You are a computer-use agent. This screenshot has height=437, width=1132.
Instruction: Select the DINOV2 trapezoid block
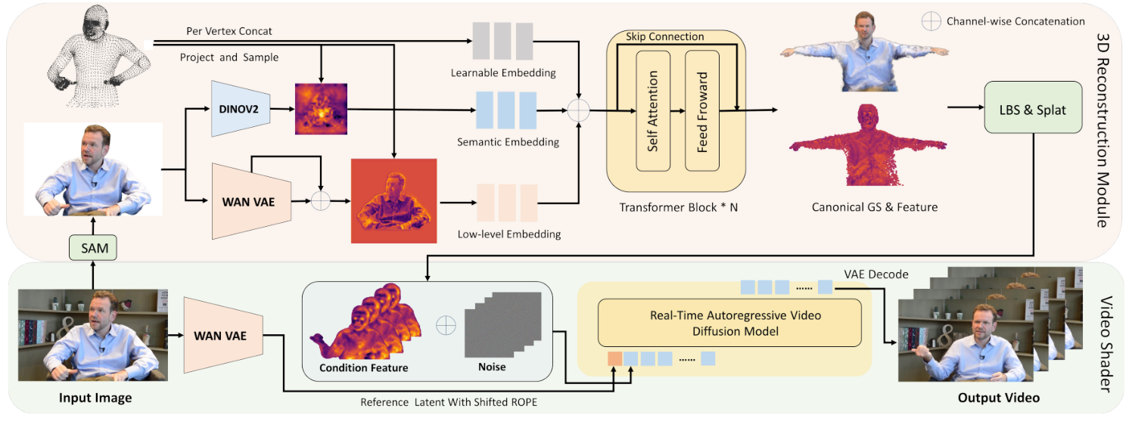[241, 109]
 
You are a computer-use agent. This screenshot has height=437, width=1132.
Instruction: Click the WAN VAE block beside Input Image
[220, 335]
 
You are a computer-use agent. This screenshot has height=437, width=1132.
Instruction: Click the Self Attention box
[653, 111]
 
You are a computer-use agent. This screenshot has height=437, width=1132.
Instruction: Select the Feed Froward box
[701, 111]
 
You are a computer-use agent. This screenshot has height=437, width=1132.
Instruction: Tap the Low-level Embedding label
[509, 234]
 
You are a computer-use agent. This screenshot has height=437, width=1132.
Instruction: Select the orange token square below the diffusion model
[614, 358]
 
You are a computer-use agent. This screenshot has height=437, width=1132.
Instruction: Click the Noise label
[491, 367]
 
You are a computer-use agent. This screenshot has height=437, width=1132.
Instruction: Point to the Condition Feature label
[363, 368]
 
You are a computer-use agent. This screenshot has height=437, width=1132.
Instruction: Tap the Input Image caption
[95, 398]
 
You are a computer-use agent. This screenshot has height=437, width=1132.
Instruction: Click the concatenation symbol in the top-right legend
[931, 21]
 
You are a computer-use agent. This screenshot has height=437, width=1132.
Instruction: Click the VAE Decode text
[875, 274]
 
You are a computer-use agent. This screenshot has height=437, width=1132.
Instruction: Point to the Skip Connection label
[665, 36]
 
